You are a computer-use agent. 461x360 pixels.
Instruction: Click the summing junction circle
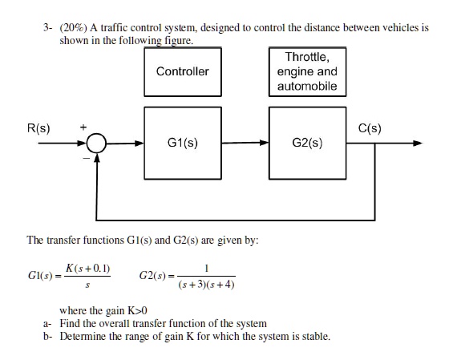pyautogui.click(x=97, y=144)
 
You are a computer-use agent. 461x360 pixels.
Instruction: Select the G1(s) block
pyautogui.click(x=183, y=144)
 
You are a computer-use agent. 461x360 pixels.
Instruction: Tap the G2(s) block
pyautogui.click(x=309, y=144)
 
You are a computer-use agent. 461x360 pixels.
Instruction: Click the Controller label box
pyautogui.click(x=183, y=71)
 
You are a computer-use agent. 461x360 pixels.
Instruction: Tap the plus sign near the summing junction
pyautogui.click(x=80, y=127)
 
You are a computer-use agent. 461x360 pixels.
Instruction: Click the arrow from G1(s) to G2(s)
pyautogui.click(x=245, y=144)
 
